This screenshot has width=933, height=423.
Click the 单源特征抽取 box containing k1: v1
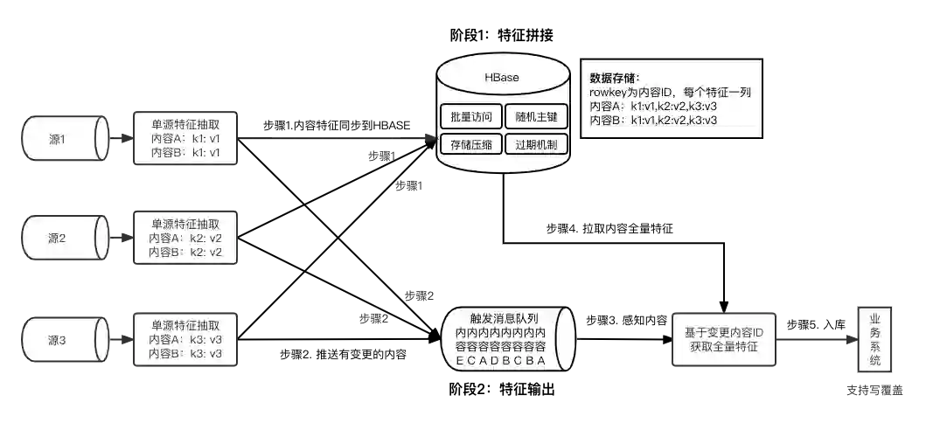point(185,138)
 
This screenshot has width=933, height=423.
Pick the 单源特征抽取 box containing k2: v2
point(185,238)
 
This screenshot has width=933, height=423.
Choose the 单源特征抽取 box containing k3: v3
point(185,339)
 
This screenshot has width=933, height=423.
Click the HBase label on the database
point(502,78)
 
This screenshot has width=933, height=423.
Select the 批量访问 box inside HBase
point(470,116)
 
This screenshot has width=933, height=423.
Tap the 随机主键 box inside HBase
point(536,116)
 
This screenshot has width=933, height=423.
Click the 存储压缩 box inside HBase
point(470,144)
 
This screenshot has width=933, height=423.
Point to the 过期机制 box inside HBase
point(536,144)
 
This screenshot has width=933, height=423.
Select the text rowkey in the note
point(611,92)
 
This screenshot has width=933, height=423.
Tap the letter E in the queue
point(462,361)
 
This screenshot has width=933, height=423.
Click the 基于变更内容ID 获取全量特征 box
point(722,340)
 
